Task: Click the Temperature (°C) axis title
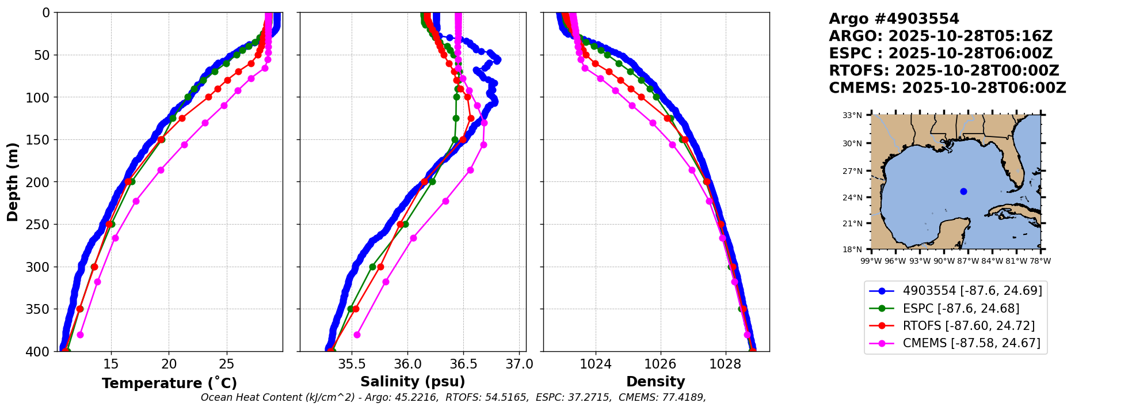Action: [169, 384]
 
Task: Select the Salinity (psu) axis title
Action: [413, 382]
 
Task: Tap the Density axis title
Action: [655, 382]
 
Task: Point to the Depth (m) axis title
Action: [13, 182]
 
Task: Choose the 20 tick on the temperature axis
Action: [169, 364]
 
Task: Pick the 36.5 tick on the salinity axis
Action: [463, 364]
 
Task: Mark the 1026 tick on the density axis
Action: [660, 364]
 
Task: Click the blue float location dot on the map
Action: [963, 191]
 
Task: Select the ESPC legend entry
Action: [961, 309]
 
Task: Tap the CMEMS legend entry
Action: [971, 343]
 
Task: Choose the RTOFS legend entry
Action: [968, 326]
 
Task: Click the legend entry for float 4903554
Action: [972, 291]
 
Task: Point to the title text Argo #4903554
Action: [894, 19]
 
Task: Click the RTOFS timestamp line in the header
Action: [944, 71]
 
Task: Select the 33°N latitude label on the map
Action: [852, 115]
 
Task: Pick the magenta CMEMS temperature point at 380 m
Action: [80, 335]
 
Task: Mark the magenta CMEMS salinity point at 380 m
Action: [357, 335]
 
